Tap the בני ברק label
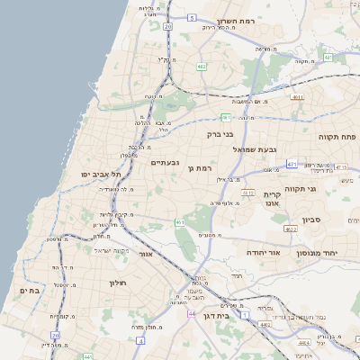[x=220, y=134]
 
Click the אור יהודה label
[x=264, y=253]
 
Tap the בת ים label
[x=28, y=291]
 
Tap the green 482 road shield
[x=202, y=66]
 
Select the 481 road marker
[x=226, y=116]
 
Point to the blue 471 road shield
[x=292, y=165]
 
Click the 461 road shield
[x=180, y=222]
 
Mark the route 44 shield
[x=192, y=313]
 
